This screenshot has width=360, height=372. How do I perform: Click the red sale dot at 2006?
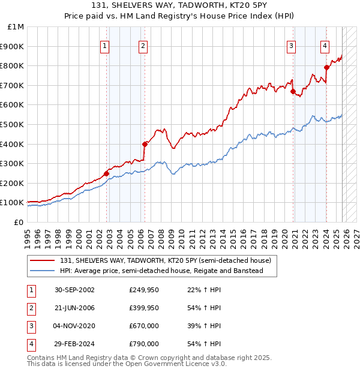(x=145, y=144)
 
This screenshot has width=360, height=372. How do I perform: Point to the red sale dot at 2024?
(x=326, y=67)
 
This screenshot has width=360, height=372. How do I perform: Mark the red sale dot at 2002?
(x=107, y=173)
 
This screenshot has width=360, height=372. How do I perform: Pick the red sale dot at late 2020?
(x=293, y=91)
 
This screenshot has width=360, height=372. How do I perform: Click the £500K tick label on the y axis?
(x=13, y=124)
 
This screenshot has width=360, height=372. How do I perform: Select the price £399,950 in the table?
(x=144, y=308)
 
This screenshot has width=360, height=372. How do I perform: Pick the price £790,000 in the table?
(x=144, y=344)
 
